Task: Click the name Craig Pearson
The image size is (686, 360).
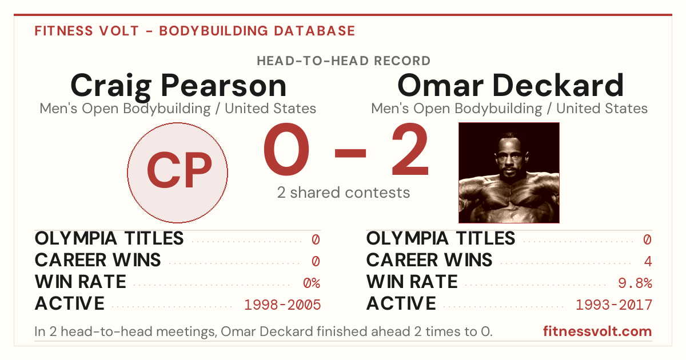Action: (x=178, y=87)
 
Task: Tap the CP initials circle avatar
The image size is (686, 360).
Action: (x=178, y=173)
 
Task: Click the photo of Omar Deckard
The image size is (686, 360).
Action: (x=509, y=173)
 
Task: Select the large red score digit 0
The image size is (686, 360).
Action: (x=286, y=149)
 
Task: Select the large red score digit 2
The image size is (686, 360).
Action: (x=410, y=149)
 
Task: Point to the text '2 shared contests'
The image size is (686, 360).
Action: (x=344, y=193)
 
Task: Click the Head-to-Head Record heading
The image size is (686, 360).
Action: (x=344, y=61)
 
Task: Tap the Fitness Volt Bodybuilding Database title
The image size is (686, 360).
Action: (x=195, y=31)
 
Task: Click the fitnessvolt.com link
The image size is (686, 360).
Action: (x=597, y=331)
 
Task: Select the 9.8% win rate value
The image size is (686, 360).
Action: (x=635, y=283)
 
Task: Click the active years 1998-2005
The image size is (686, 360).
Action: (x=282, y=305)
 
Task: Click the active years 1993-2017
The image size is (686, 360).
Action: (x=614, y=305)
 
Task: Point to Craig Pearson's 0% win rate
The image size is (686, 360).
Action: (x=312, y=283)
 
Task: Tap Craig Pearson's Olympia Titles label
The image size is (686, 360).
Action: (x=109, y=238)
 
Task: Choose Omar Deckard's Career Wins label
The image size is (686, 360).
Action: (x=429, y=260)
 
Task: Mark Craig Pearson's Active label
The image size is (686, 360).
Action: (x=70, y=303)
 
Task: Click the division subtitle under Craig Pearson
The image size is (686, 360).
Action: (x=178, y=109)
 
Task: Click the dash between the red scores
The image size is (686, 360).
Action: (x=350, y=153)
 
